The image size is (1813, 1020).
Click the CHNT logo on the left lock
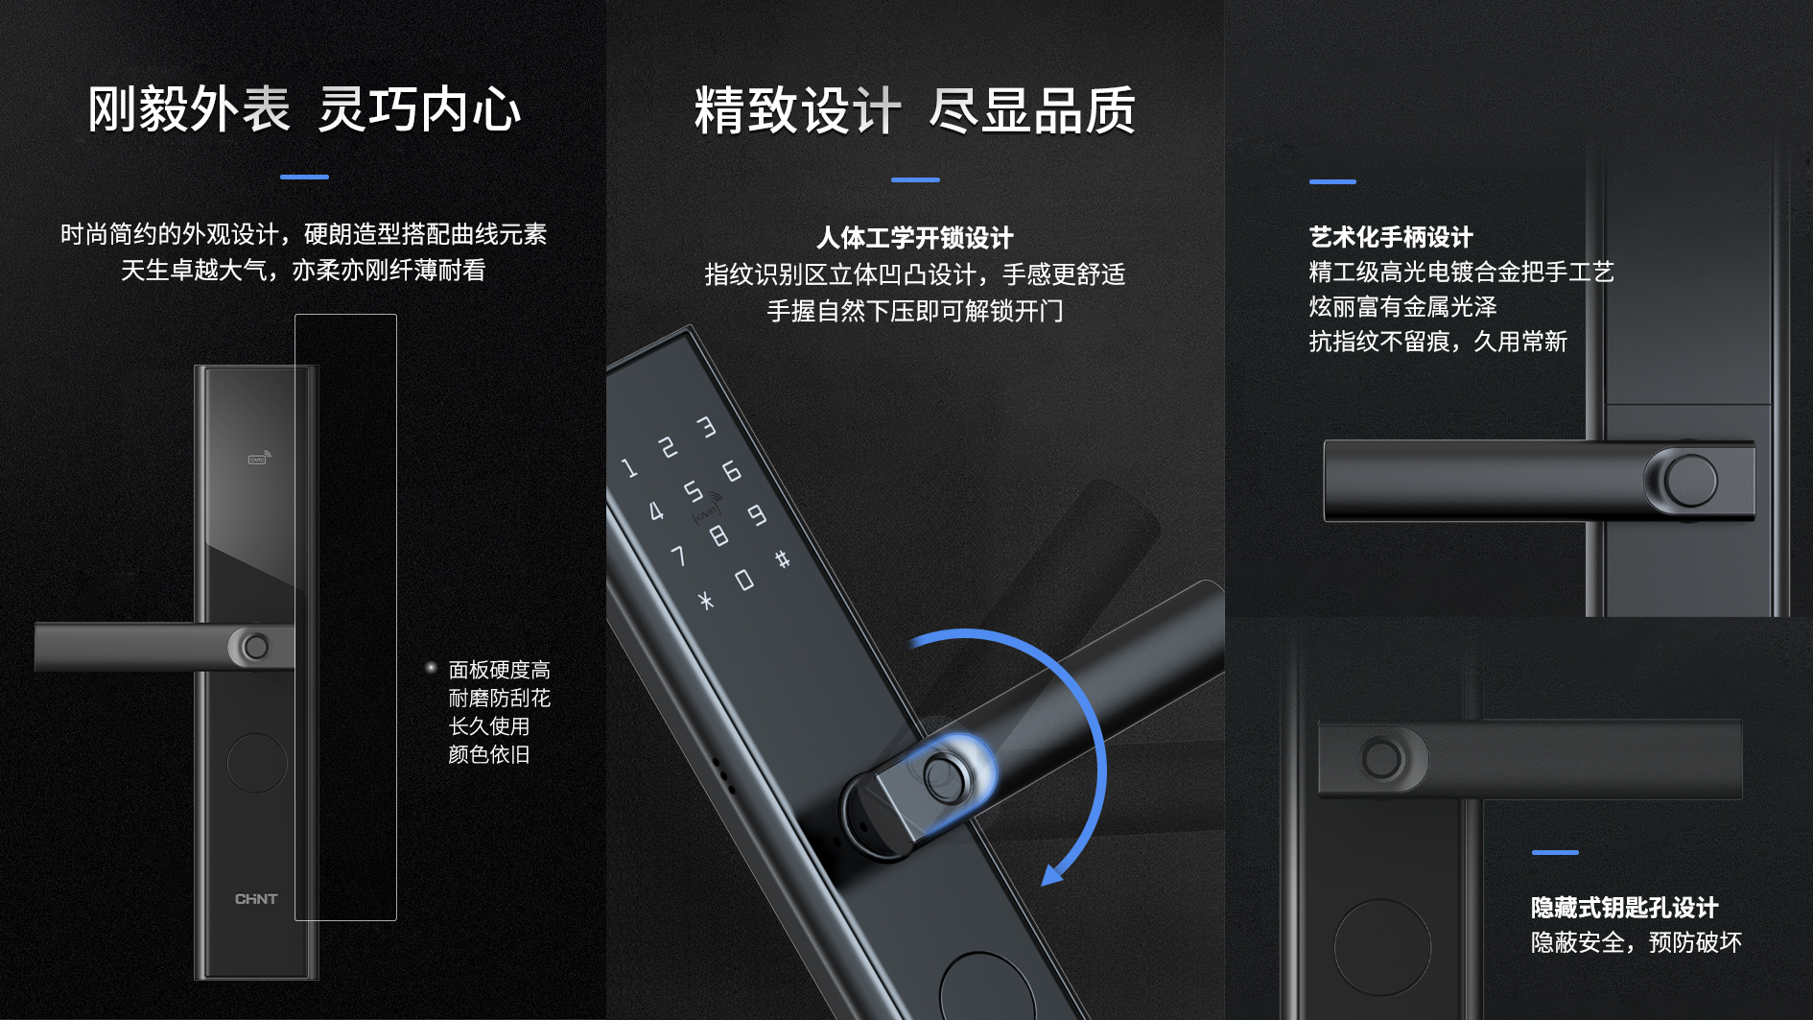(x=256, y=899)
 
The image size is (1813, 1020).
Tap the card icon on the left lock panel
(x=259, y=458)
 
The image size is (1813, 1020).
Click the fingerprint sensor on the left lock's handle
(x=255, y=647)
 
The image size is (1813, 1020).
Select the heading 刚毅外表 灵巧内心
(x=304, y=109)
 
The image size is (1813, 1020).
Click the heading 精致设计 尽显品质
(x=915, y=111)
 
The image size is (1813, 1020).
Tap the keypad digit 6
(x=732, y=470)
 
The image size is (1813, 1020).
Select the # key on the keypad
(x=783, y=558)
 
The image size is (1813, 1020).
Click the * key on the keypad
(x=706, y=601)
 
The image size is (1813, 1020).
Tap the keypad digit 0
(x=744, y=580)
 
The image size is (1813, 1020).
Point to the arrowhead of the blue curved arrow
(x=1052, y=874)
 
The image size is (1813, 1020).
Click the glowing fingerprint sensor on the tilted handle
(x=944, y=776)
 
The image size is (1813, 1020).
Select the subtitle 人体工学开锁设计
(x=915, y=237)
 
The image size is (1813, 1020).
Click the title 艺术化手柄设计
(x=1391, y=237)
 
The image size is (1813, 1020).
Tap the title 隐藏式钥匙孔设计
(x=1624, y=907)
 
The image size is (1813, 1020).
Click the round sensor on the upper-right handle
(x=1690, y=481)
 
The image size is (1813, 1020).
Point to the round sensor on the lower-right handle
(x=1381, y=759)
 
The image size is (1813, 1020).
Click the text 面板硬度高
(x=500, y=670)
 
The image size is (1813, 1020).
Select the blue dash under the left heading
(x=304, y=177)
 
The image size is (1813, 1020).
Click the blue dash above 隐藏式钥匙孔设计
(x=1555, y=852)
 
